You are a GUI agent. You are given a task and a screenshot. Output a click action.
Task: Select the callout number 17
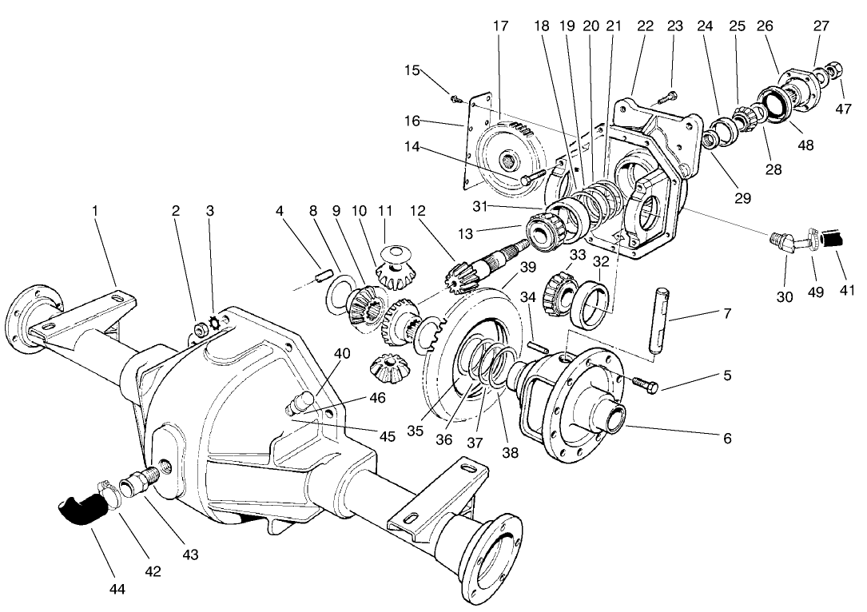point(500,26)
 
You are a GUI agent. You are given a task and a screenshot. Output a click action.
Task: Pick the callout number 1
point(95,211)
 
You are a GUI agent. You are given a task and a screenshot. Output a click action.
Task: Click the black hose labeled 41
point(834,238)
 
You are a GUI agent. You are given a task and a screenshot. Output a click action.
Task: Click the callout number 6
point(726,438)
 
